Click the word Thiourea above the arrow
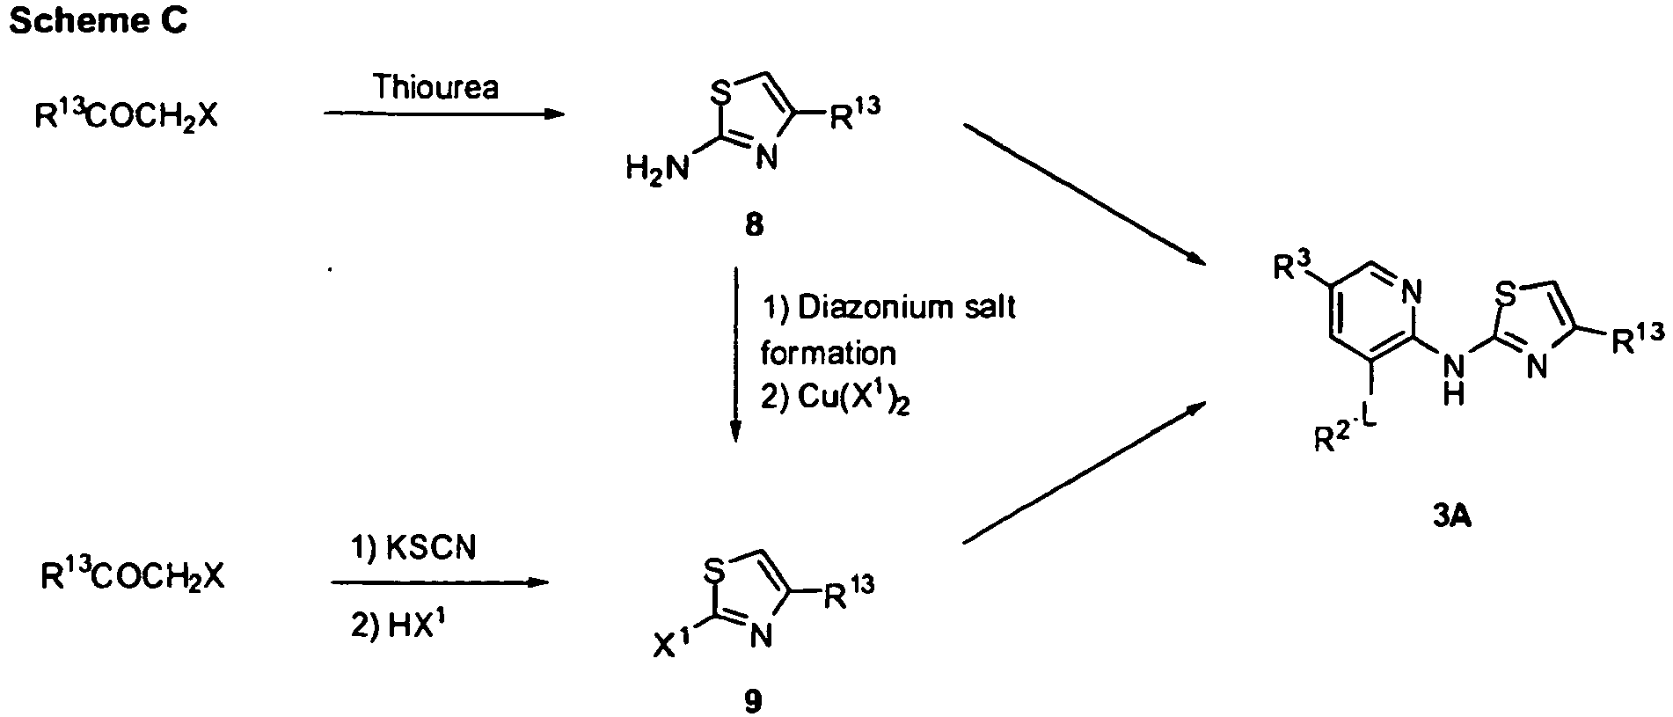[x=435, y=88]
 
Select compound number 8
[x=754, y=225]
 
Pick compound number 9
[x=754, y=700]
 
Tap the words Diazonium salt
[x=906, y=307]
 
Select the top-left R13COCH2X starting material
[x=125, y=116]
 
